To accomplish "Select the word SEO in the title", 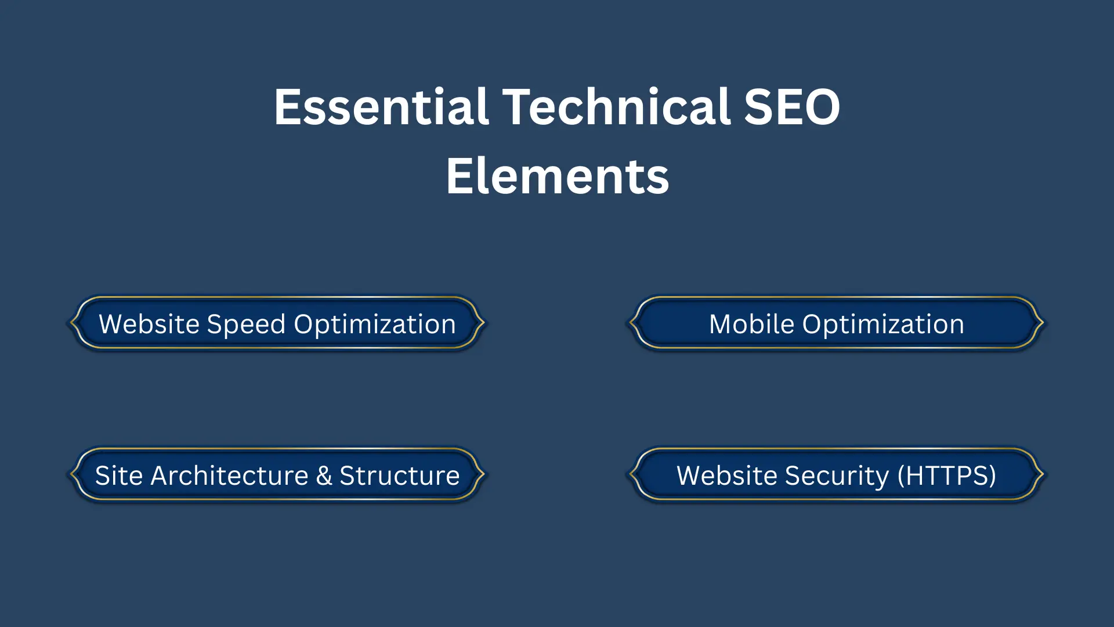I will click(x=791, y=107).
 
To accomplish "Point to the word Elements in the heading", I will click(x=557, y=176).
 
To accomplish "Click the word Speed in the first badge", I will click(x=246, y=325).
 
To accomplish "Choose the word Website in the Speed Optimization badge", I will click(x=149, y=324).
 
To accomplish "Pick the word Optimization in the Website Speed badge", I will click(x=375, y=325).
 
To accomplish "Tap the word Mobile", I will click(x=751, y=324).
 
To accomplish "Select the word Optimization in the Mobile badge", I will click(x=883, y=325).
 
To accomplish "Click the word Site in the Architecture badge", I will click(x=118, y=475).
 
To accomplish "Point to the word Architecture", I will click(x=229, y=475).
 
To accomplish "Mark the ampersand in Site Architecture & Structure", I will click(x=324, y=475).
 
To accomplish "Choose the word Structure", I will click(x=399, y=475).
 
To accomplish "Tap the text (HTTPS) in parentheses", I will click(x=946, y=475).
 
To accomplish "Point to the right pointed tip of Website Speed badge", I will click(x=483, y=323).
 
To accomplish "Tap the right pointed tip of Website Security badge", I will click(x=1043, y=474).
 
